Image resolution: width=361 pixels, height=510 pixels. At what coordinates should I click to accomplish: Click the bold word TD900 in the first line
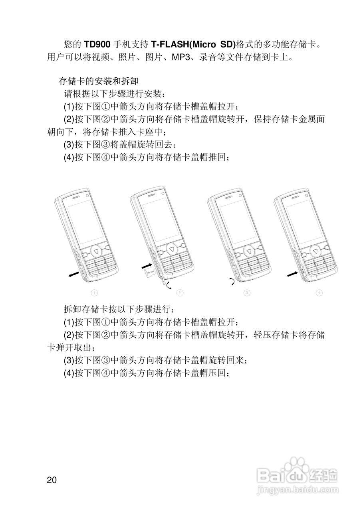coord(96,43)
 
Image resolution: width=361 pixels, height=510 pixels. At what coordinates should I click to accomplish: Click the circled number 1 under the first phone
coord(94,293)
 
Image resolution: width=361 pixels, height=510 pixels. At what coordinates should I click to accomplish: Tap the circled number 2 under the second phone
coord(180,293)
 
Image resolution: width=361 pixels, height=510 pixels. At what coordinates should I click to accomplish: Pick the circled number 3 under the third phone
coord(247,293)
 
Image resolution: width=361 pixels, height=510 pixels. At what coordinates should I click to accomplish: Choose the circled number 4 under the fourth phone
coord(319,293)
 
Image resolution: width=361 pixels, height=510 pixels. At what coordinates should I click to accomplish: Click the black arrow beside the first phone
coord(74,276)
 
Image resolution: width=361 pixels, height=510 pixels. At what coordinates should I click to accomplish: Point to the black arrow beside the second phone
coord(147,265)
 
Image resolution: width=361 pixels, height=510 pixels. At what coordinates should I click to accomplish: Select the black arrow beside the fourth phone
coord(293,274)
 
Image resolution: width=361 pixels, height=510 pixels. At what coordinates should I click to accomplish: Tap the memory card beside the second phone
coord(150,273)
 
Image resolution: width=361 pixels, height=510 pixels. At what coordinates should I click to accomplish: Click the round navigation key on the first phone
coord(97,251)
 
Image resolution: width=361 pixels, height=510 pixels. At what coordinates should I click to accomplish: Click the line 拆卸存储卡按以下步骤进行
coord(118,309)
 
